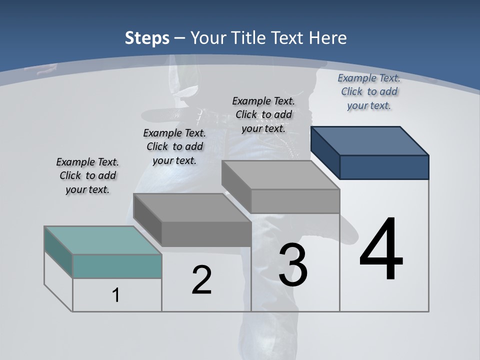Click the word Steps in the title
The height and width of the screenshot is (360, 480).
[x=146, y=38]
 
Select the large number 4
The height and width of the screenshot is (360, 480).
[x=381, y=250]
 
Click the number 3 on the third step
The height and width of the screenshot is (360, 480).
[x=293, y=265]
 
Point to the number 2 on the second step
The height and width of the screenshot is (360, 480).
[x=201, y=280]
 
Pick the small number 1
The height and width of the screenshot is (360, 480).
[x=116, y=295]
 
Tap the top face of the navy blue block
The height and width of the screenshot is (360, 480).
[x=370, y=140]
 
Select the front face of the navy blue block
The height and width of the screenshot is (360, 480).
[x=384, y=167]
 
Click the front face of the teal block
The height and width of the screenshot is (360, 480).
[x=117, y=266]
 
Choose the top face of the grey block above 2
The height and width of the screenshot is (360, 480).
[x=192, y=207]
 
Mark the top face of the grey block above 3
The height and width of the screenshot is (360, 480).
[x=280, y=174]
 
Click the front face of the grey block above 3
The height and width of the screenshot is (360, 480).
[x=295, y=201]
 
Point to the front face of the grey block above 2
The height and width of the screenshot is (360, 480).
[x=206, y=234]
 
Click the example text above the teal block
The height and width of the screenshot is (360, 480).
[x=87, y=175]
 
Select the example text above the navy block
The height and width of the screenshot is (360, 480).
[x=369, y=91]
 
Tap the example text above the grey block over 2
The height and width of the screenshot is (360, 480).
[x=174, y=146]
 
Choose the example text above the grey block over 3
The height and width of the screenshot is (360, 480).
[x=263, y=114]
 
